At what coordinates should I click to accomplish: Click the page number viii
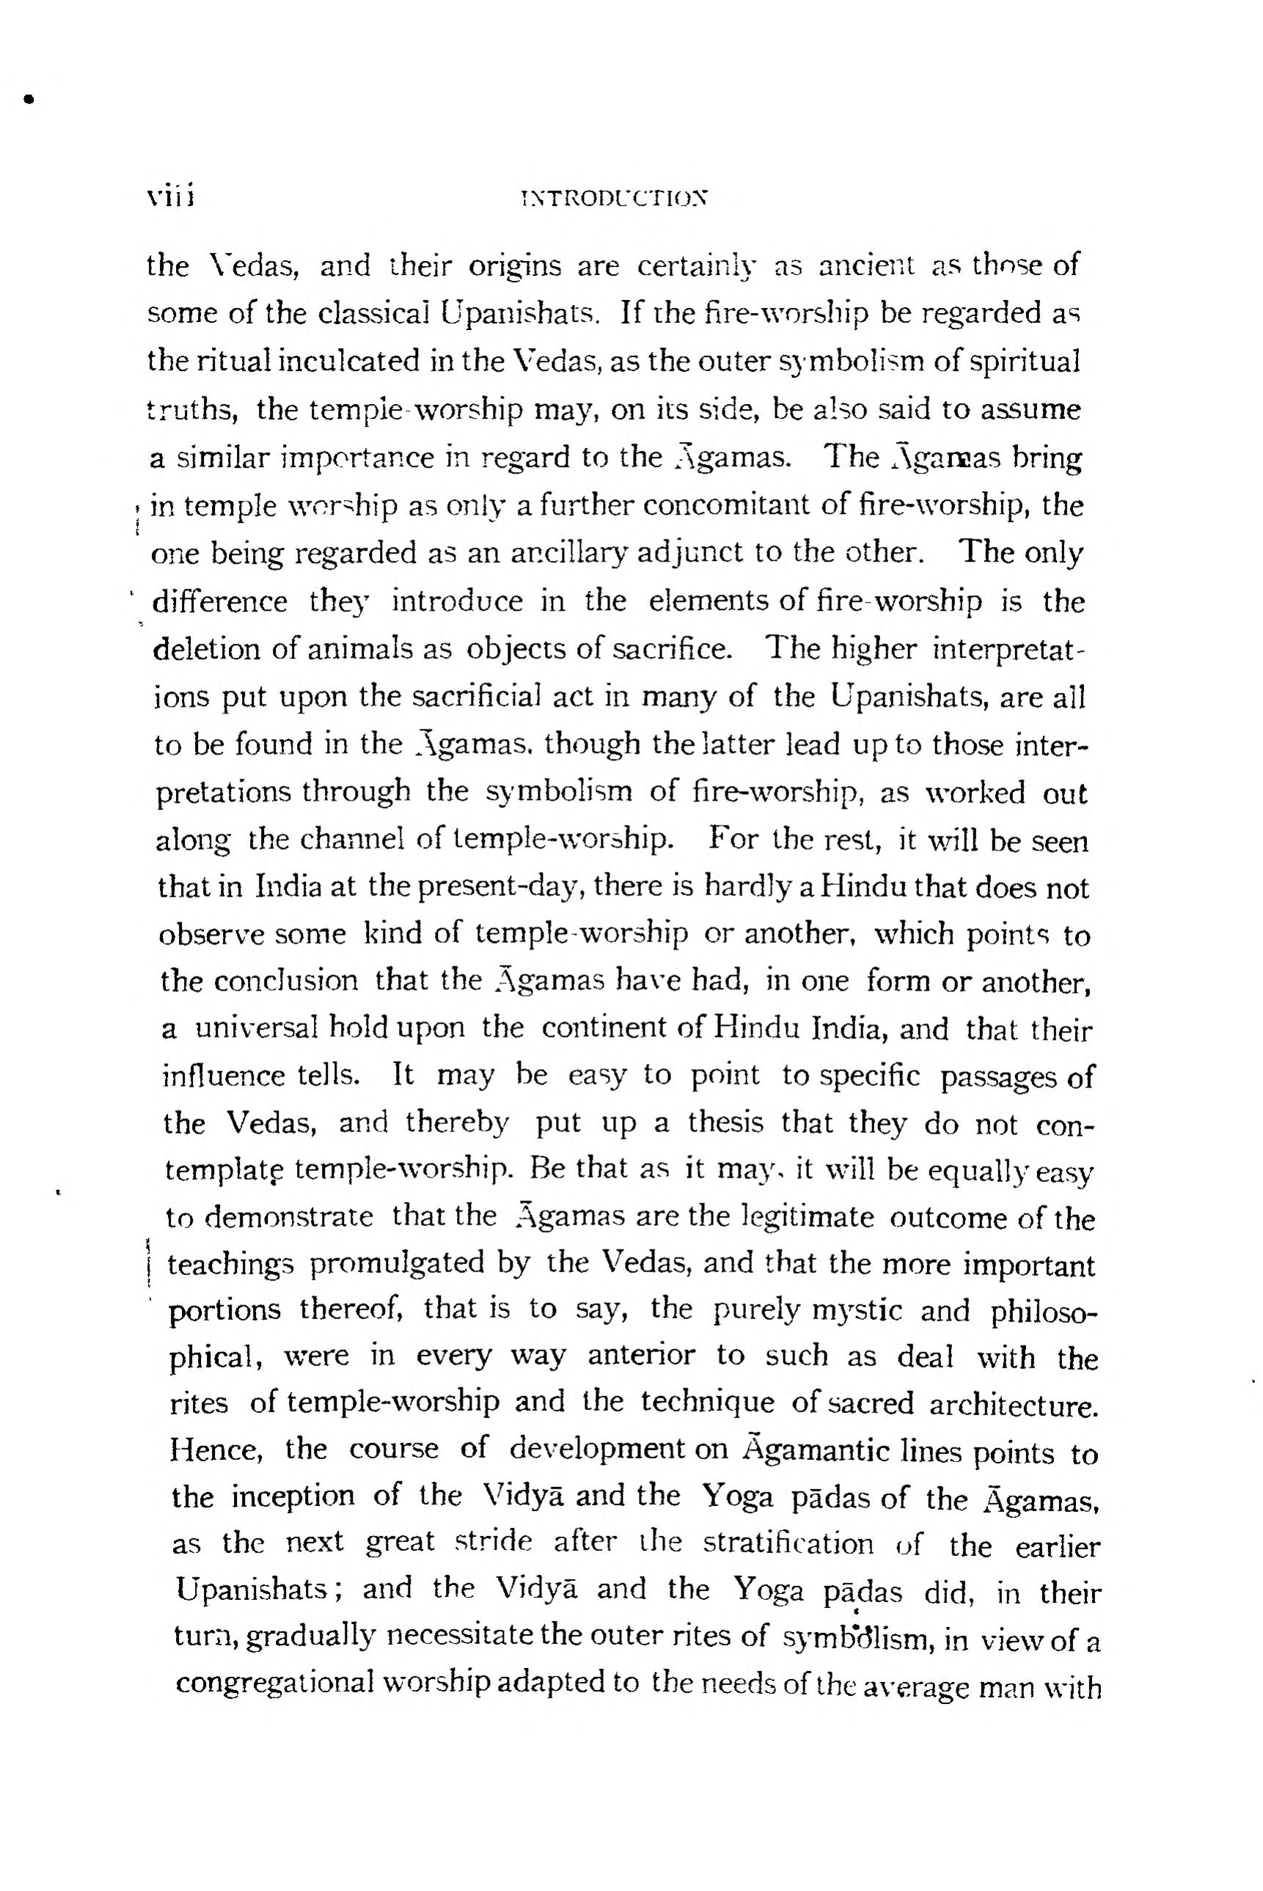[x=166, y=197]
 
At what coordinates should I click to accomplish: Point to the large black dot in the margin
[x=30, y=100]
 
